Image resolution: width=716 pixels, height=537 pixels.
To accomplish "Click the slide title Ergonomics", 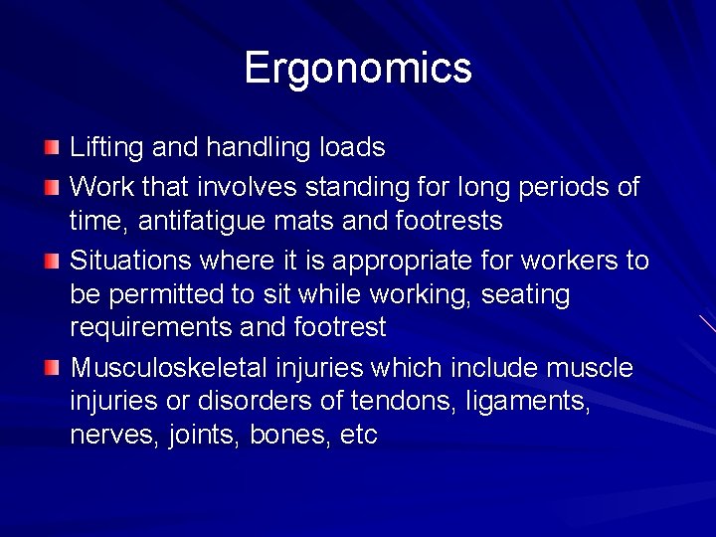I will click(x=358, y=68).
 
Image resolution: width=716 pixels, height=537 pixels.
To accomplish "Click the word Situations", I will click(x=131, y=261).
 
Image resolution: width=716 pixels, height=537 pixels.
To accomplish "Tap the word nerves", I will click(x=110, y=437).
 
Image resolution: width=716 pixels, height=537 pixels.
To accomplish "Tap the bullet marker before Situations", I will click(x=52, y=262).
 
